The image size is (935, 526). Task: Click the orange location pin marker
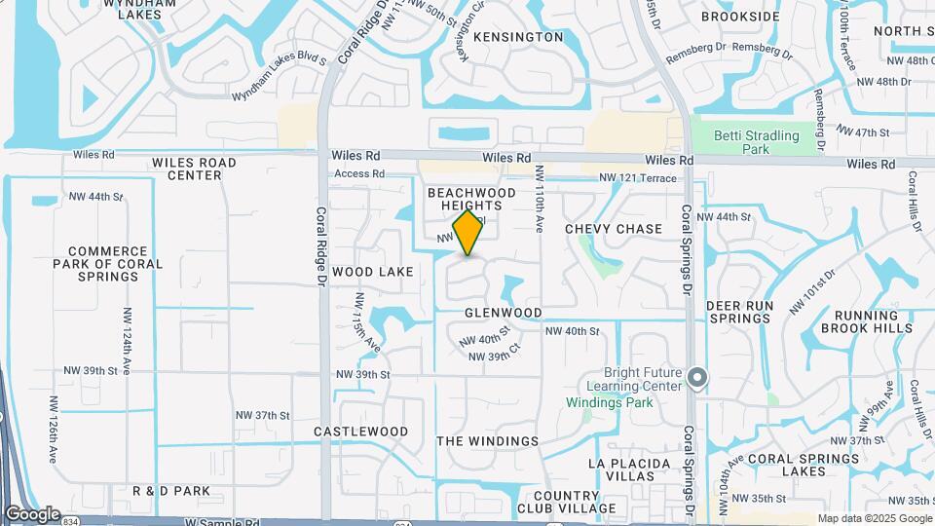pyautogui.click(x=468, y=233)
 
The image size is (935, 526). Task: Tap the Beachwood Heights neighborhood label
pyautogui.click(x=472, y=201)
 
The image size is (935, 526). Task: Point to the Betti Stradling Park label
pyautogui.click(x=756, y=142)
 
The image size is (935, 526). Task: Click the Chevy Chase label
pyautogui.click(x=614, y=229)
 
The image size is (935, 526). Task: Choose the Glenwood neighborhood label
pyautogui.click(x=503, y=313)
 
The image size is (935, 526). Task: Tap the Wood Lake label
pyautogui.click(x=373, y=271)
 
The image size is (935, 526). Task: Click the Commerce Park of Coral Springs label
pyautogui.click(x=108, y=264)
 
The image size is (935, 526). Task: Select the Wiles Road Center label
pyautogui.click(x=188, y=169)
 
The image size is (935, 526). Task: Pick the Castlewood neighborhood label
pyautogui.click(x=361, y=432)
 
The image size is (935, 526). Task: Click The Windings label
pyautogui.click(x=487, y=441)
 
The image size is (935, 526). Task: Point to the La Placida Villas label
pyautogui.click(x=629, y=470)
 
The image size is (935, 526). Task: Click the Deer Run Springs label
pyautogui.click(x=739, y=312)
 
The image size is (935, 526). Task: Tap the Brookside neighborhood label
pyautogui.click(x=740, y=17)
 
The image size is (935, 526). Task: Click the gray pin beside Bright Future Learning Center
pyautogui.click(x=696, y=376)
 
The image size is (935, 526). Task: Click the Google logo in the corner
pyautogui.click(x=32, y=513)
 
